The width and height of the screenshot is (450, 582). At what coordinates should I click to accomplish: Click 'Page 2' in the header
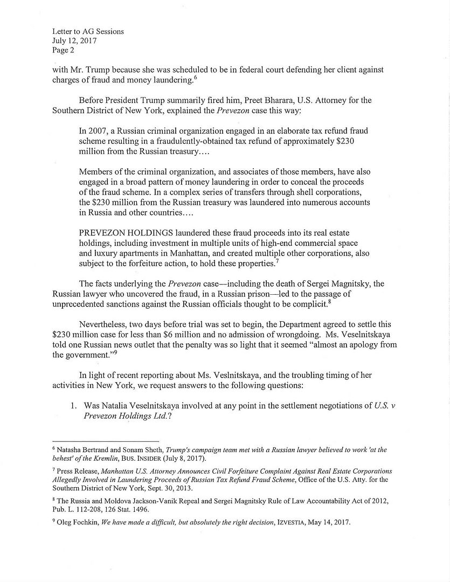64,50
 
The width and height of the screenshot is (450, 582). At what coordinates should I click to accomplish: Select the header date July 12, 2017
74,40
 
